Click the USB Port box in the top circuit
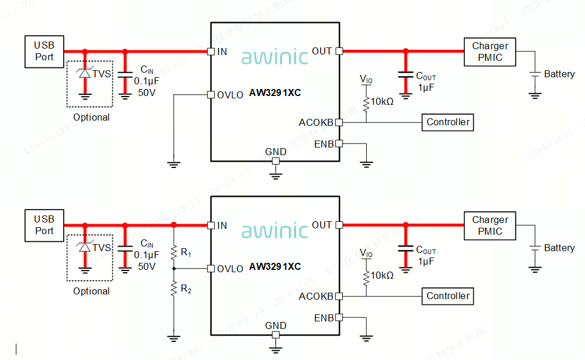[x=44, y=51]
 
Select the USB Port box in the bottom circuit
[x=44, y=225]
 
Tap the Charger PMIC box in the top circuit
[x=490, y=52]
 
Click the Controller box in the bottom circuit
[x=448, y=296]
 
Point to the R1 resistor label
[x=186, y=253]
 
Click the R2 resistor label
[x=186, y=288]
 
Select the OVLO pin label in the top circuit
[x=230, y=95]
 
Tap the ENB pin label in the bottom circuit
[x=324, y=318]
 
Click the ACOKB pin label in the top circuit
[x=316, y=122]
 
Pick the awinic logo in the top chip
[x=274, y=57]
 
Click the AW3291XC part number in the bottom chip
[x=275, y=266]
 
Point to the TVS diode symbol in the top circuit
[x=85, y=74]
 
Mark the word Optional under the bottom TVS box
[x=91, y=291]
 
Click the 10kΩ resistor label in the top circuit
[x=382, y=101]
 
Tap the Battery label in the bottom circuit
[x=559, y=248]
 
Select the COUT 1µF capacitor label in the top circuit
[x=425, y=82]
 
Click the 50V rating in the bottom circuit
[x=146, y=266]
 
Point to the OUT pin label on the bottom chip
[x=322, y=225]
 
